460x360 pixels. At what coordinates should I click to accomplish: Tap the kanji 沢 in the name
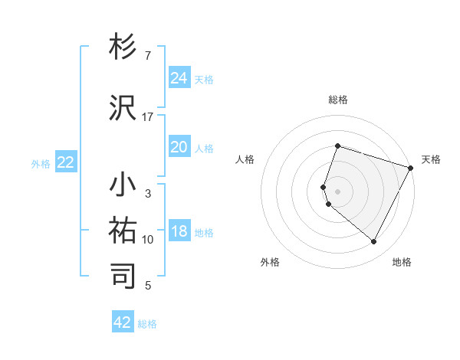point(123,109)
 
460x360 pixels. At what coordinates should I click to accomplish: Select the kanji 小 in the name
point(123,185)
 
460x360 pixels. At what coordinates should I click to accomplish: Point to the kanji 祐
point(123,231)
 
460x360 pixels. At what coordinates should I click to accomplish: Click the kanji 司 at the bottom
point(123,277)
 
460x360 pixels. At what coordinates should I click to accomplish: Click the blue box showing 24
point(179,78)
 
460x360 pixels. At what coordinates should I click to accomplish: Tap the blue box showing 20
point(179,147)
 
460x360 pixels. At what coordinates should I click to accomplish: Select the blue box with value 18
point(179,231)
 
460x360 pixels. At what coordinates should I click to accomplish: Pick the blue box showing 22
point(65,162)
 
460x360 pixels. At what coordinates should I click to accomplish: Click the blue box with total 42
point(123,322)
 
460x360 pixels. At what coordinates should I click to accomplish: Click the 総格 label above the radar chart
point(337,100)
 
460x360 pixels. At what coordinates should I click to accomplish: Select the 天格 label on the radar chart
point(431,159)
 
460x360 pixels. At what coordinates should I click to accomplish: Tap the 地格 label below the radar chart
point(402,262)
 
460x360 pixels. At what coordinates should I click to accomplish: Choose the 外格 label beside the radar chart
point(270,262)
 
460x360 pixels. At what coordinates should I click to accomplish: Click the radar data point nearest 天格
point(412,168)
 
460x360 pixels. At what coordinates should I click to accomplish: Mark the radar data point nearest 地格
point(374,242)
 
